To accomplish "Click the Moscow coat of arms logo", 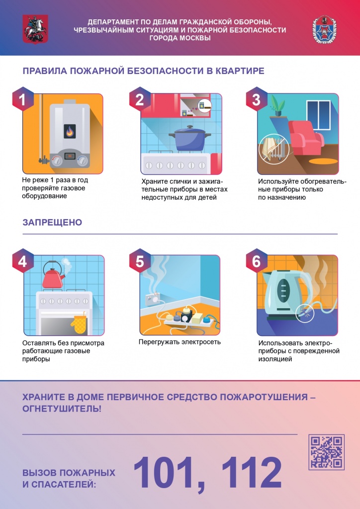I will [x=32, y=29].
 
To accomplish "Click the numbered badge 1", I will [x=22, y=100].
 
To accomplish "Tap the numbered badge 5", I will [x=140, y=261].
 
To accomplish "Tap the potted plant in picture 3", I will [x=277, y=106].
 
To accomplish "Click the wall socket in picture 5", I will [x=151, y=299].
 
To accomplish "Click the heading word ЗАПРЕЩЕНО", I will [x=52, y=222].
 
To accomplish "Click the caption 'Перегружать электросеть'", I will [x=180, y=342].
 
